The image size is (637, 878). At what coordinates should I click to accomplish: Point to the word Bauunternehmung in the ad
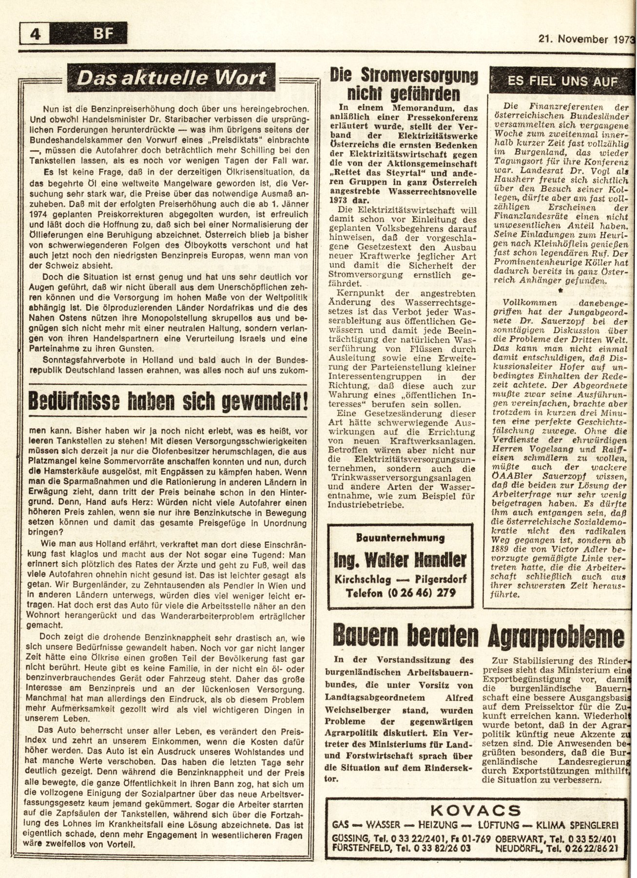click(401, 538)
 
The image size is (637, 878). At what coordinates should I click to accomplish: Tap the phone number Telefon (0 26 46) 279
click(401, 593)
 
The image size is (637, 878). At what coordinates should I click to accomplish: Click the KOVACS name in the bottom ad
click(476, 811)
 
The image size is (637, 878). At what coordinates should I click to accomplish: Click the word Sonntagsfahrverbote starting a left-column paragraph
click(84, 359)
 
